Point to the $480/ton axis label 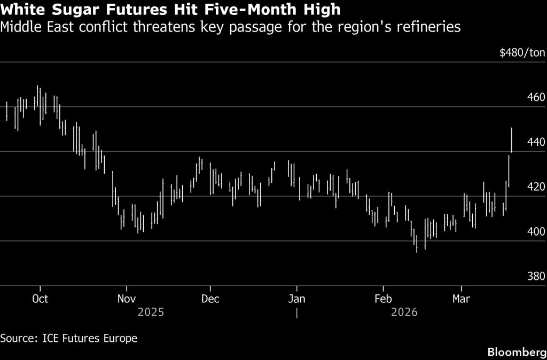point(522,52)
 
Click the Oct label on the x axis point(40,299)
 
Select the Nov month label point(126,299)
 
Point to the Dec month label point(210,299)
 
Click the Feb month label point(382,299)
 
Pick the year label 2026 point(404,312)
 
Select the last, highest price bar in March point(512,140)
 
